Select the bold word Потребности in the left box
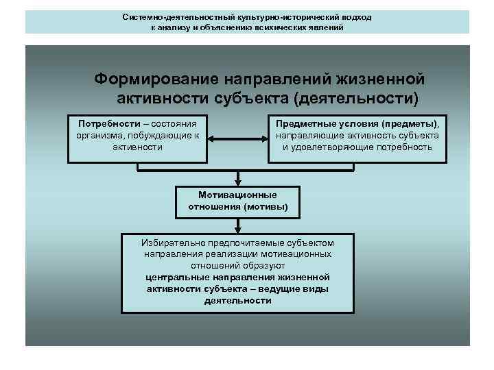point(106,123)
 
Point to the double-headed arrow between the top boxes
point(238,140)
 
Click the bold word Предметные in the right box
point(305,123)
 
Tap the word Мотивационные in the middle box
point(238,195)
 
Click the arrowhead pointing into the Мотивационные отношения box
point(238,182)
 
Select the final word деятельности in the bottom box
point(238,300)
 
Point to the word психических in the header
point(277,28)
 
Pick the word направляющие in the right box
point(306,135)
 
